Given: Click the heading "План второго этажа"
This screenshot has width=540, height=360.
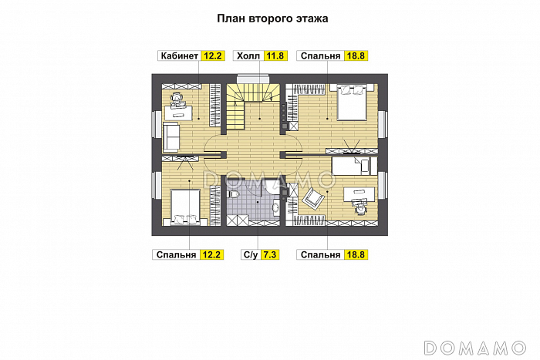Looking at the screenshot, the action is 272,19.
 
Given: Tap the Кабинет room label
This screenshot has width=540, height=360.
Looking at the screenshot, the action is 180,56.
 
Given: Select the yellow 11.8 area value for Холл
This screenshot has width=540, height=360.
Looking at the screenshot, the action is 275,56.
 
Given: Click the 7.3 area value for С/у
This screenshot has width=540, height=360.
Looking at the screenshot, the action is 270,254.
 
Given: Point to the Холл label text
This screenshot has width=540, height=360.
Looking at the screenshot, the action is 248,56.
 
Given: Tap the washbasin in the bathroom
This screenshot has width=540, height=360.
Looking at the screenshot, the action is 276,208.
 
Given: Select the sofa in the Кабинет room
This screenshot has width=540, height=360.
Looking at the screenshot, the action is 170,137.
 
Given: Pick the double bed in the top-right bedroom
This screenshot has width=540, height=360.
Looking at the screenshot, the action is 352,103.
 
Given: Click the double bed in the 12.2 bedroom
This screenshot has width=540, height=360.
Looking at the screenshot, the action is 185,207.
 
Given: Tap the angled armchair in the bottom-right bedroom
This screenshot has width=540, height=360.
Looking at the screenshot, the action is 313,198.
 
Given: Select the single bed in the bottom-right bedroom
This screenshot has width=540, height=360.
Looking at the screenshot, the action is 354,167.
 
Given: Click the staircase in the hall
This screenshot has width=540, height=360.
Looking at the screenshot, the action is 252,106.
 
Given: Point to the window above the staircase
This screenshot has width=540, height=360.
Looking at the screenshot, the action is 253,79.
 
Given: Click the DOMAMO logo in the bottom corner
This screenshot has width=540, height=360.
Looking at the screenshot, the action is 475,348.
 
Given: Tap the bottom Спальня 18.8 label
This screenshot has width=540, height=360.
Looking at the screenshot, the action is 332,254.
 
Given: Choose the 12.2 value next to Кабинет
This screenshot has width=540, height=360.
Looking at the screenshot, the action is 213,56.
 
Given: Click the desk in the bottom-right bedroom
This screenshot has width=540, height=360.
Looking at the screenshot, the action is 359,194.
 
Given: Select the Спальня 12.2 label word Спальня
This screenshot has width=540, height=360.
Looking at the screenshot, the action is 176,254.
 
